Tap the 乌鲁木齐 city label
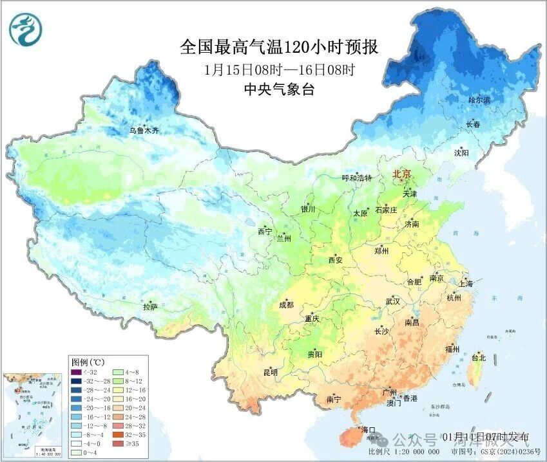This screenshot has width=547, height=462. [x=143, y=131]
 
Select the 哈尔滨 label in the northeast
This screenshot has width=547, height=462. [x=479, y=100]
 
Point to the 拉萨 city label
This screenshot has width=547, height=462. [x=150, y=308]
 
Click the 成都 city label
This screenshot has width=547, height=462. [x=286, y=305]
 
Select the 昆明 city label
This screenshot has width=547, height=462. [x=270, y=372]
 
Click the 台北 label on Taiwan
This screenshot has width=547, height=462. [x=479, y=358]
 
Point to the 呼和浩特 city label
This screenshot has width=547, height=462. [x=356, y=178]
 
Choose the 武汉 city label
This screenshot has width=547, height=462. [x=392, y=301]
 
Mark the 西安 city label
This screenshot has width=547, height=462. [x=336, y=260]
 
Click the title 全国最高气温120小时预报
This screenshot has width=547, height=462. [x=278, y=48]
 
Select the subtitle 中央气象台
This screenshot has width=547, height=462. [x=279, y=90]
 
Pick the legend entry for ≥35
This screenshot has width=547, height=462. [x=131, y=443]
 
